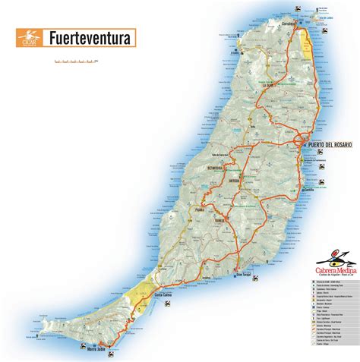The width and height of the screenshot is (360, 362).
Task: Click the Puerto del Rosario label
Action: click(330, 143)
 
